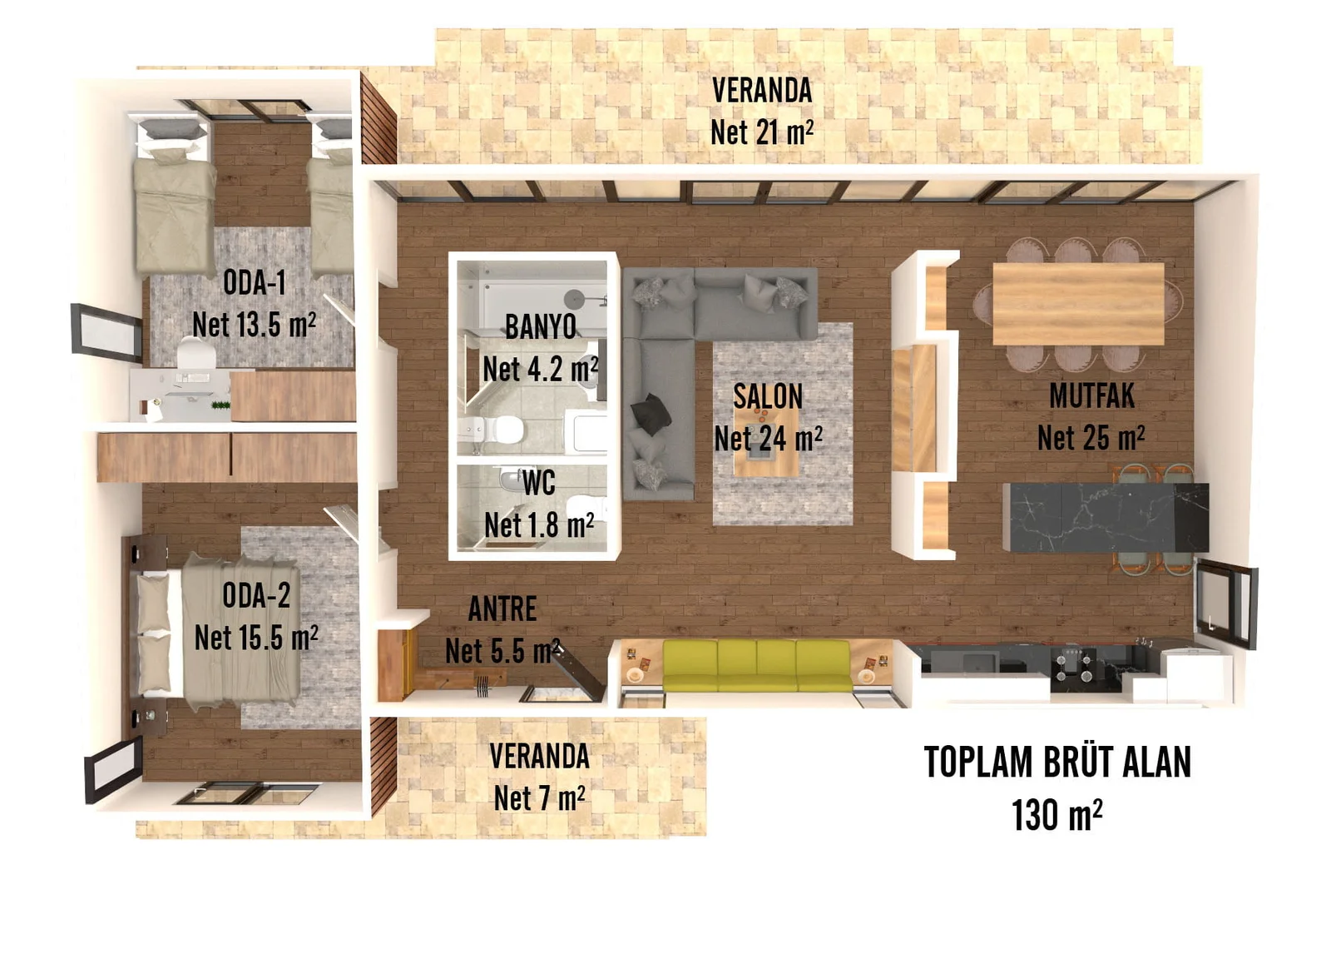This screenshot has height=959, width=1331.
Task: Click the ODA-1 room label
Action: point(255,283)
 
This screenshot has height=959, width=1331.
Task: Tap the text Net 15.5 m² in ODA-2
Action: point(256,638)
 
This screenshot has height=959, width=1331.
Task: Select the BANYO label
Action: point(541,326)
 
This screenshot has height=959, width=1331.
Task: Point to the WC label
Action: point(538,482)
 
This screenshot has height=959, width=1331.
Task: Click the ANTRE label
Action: point(502,609)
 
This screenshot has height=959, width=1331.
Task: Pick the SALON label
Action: point(768,396)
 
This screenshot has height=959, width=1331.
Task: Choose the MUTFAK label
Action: point(1091,395)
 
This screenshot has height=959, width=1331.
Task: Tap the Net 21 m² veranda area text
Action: point(761,132)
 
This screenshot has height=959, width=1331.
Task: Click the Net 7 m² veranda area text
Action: point(539,798)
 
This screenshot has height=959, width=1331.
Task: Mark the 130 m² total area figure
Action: point(1056,814)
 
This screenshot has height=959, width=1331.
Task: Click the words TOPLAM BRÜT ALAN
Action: point(1057,762)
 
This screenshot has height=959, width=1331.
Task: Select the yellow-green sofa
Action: point(756,666)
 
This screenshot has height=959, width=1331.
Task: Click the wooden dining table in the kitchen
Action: point(1078,303)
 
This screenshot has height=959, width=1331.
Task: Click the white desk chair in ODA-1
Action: point(196,355)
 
